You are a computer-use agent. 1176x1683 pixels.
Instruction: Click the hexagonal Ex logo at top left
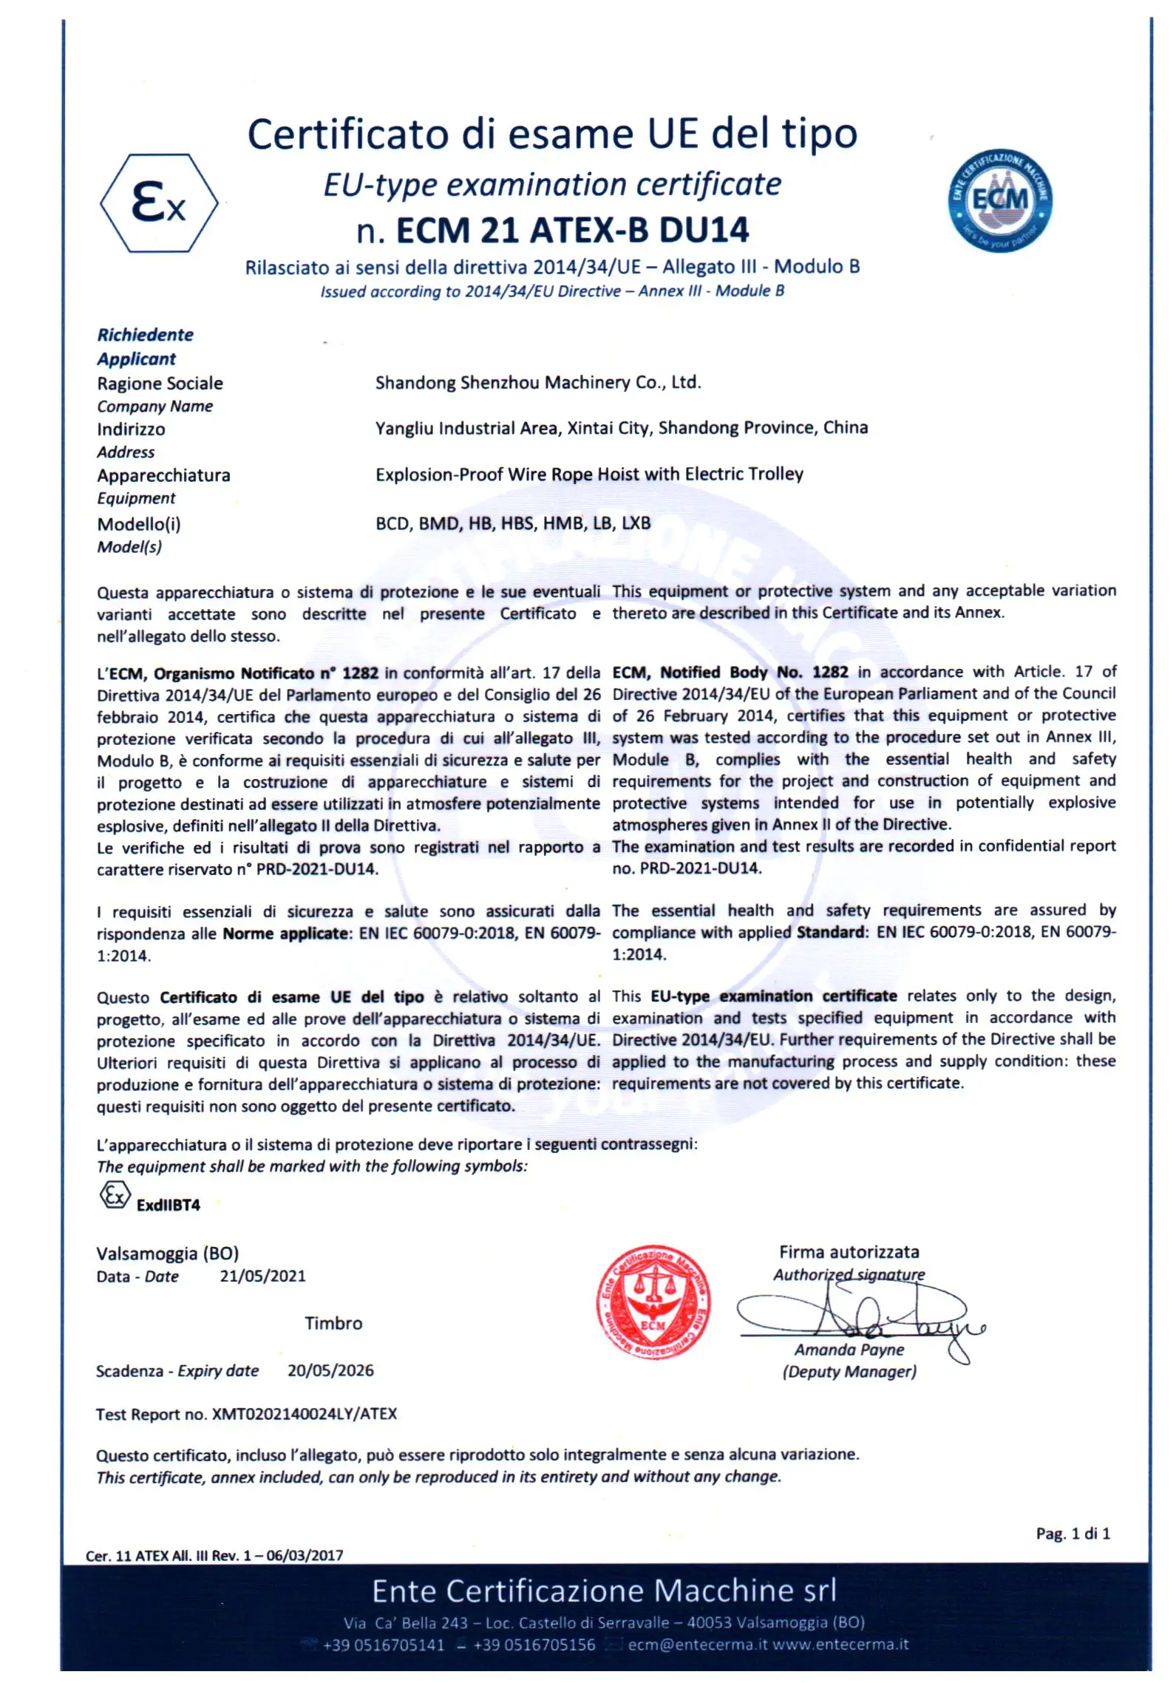pyautogui.click(x=159, y=203)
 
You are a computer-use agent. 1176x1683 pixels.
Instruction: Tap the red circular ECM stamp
pyautogui.click(x=653, y=1302)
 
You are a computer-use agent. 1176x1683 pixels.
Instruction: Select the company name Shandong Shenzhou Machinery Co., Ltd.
pyautogui.click(x=538, y=382)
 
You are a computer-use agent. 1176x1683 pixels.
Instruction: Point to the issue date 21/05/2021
pyautogui.click(x=262, y=1276)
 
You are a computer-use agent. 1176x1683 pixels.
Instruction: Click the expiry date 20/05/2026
pyautogui.click(x=330, y=1370)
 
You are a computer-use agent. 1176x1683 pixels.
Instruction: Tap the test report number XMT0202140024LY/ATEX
pyautogui.click(x=305, y=1414)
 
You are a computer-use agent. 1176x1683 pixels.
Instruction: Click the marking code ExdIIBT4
pyautogui.click(x=168, y=1206)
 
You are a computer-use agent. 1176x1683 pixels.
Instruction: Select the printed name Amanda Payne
pyautogui.click(x=849, y=1350)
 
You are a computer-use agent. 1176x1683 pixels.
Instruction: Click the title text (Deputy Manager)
pyautogui.click(x=849, y=1372)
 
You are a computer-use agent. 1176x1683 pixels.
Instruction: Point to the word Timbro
pyautogui.click(x=333, y=1323)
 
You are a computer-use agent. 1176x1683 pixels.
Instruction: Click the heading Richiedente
pyautogui.click(x=145, y=335)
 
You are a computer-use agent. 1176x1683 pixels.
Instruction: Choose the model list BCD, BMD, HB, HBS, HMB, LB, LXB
pyautogui.click(x=513, y=523)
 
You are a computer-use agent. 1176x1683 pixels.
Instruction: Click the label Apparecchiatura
pyautogui.click(x=163, y=475)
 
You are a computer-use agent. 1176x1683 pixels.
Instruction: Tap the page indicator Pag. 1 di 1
pyautogui.click(x=1073, y=1534)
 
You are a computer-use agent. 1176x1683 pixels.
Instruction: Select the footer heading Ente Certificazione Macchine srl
pyautogui.click(x=604, y=1591)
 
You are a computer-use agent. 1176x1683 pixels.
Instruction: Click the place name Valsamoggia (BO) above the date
pyautogui.click(x=167, y=1254)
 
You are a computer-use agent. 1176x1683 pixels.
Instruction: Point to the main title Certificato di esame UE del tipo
pyautogui.click(x=552, y=135)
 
